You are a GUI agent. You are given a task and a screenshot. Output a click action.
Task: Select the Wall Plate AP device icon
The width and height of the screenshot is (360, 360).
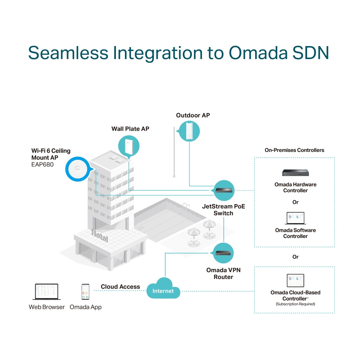point(129,147)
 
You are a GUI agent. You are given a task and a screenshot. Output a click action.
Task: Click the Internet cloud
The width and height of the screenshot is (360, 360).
point(163,288)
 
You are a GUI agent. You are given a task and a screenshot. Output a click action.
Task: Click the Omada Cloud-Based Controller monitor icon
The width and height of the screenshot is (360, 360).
point(295,280)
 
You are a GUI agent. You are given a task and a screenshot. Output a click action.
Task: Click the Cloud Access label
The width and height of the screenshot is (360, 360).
point(120,287)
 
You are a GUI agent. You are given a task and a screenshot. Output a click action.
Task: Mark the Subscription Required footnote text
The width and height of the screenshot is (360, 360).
point(295,304)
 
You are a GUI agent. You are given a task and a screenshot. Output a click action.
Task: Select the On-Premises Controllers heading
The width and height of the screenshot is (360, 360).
point(294,150)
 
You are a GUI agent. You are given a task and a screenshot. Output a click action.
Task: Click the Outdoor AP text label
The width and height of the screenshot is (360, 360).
point(193,116)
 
